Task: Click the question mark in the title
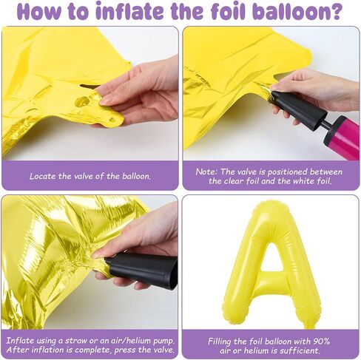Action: (x=334, y=11)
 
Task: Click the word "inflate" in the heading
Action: (x=129, y=11)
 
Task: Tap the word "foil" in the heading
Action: (x=228, y=11)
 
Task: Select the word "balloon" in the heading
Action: (x=288, y=11)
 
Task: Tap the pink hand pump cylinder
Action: (x=342, y=137)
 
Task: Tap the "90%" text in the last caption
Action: (x=321, y=342)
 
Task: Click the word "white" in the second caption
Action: (x=303, y=181)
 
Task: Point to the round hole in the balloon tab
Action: (x=82, y=101)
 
